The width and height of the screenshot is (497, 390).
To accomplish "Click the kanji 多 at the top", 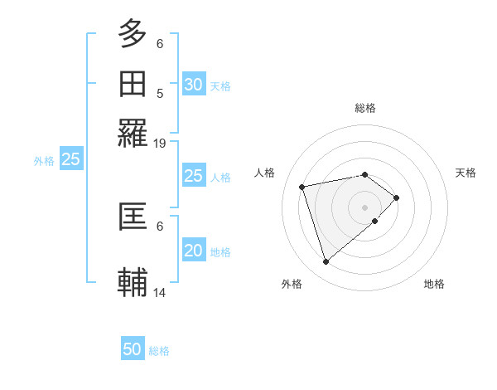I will coord(133,33).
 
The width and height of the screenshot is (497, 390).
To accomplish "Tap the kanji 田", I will coord(133,84).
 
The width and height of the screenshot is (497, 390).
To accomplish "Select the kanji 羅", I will coord(133,133).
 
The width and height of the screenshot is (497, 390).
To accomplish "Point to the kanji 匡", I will coord(133,216).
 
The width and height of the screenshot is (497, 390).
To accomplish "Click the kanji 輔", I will coord(133,281).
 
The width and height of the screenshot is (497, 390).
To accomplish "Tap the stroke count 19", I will coord(160,143).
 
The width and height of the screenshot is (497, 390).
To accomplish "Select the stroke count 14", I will coord(160,292).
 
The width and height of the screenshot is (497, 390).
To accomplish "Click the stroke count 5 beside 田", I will coord(160,93).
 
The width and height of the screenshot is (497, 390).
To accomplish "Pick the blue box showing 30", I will coord(193,84).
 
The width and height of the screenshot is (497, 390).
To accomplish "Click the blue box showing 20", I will coord(193,251).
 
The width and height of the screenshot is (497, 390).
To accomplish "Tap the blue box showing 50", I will coord(133,349).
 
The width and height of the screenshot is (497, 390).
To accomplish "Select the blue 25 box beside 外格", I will coord(70,160).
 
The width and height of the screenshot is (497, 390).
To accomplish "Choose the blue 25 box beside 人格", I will coord(193,176).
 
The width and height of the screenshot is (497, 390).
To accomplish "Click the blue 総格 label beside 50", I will coord(159,351).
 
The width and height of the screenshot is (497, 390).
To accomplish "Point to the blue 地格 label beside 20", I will coord(220,252).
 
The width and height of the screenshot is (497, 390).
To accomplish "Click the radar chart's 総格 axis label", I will coord(365,108).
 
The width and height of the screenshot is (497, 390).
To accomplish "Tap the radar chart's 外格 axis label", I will coord(292,284).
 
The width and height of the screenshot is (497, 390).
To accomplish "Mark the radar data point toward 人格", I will coord(302,186).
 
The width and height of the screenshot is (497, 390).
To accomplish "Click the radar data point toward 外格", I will coord(326,262).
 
